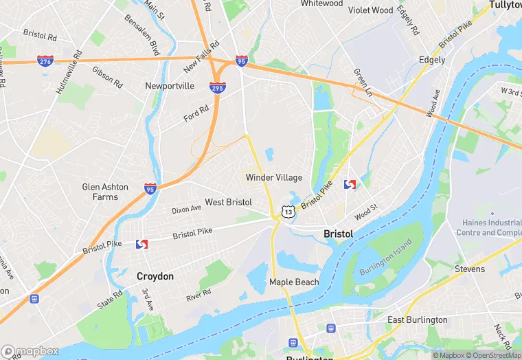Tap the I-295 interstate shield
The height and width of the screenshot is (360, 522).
click(217, 89)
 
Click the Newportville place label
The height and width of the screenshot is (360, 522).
click(170, 86)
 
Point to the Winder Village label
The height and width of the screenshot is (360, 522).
click(274, 177)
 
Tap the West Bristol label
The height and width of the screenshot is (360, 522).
click(228, 202)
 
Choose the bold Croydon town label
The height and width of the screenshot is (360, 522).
click(155, 276)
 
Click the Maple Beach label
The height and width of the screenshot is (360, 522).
click(294, 282)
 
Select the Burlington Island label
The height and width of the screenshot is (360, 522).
click(385, 257)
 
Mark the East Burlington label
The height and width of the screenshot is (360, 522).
click(417, 319)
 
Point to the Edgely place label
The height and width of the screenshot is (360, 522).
click(433, 60)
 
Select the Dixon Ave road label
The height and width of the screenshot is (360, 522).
click(186, 208)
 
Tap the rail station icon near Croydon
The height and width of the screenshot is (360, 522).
click(142, 245)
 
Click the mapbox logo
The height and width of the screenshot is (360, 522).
click(30, 351)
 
